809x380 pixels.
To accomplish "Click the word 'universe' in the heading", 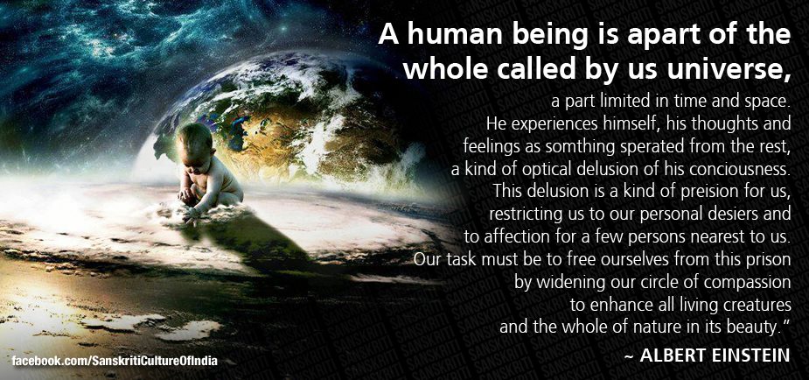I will tap(736, 67).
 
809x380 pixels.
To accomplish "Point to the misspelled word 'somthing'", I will tap(595, 143).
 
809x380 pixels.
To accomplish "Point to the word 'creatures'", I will tap(754, 306).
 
